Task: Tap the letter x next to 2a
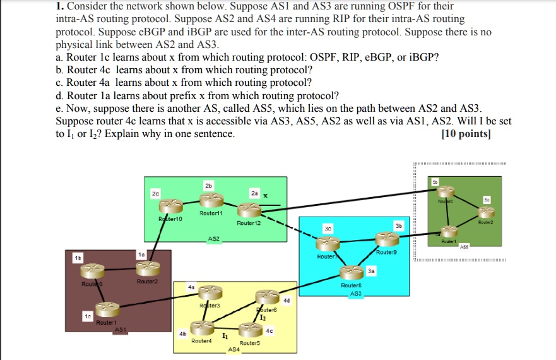(265, 195)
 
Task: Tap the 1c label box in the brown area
(87, 315)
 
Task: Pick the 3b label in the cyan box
(398, 225)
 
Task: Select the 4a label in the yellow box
(191, 287)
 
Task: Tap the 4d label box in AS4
(287, 300)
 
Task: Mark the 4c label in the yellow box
(270, 330)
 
